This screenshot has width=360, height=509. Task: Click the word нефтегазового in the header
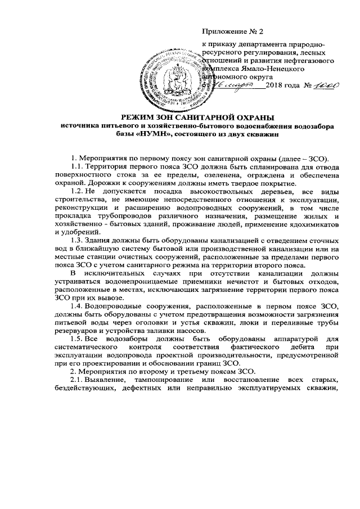coord(308,59)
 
